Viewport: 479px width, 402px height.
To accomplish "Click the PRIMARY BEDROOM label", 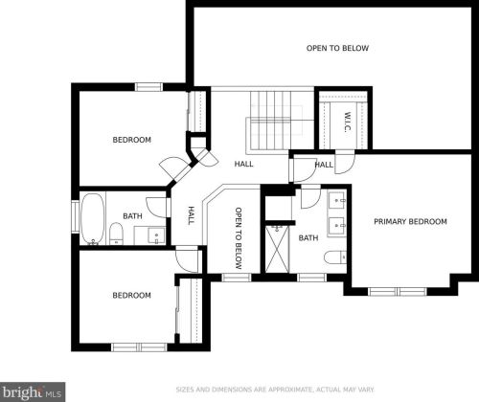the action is tap(410, 221).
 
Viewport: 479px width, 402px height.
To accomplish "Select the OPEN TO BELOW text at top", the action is tap(337, 48).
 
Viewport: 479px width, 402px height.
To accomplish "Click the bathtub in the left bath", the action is tap(92, 219).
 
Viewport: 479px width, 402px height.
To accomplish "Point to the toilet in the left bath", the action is tap(116, 234).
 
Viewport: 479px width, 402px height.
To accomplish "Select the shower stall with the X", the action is tap(277, 249).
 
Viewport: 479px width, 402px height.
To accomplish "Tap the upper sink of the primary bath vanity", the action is tap(337, 200).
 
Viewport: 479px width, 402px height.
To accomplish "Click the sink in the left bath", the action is tap(156, 236).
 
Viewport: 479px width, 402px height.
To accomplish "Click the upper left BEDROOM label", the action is tap(132, 140).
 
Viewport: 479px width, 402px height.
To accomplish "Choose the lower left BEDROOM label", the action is tap(132, 295).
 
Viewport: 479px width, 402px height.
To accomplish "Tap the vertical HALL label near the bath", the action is tap(192, 215).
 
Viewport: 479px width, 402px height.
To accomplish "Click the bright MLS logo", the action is tap(33, 391).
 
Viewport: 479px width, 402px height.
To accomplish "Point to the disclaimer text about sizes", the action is tap(275, 390).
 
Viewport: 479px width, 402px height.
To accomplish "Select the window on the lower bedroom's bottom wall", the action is tap(139, 347).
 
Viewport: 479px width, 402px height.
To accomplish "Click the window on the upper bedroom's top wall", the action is tap(148, 87).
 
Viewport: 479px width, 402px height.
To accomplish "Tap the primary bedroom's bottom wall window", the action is tap(398, 292).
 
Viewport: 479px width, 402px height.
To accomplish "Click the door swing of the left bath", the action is tap(156, 208).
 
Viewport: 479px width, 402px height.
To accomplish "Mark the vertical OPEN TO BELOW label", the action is tap(239, 238).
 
